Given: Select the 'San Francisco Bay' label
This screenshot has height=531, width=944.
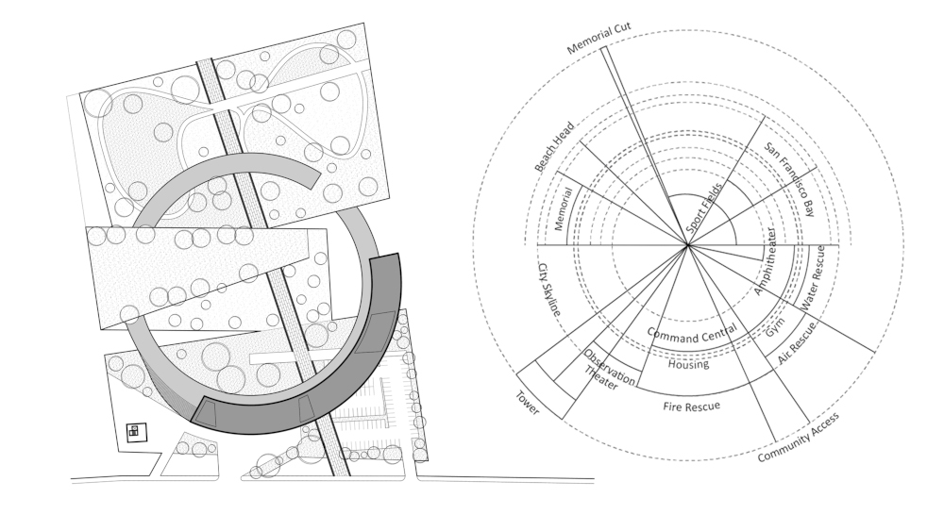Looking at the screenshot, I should pos(788,180).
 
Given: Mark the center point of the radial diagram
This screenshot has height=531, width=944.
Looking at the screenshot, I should pos(688,246).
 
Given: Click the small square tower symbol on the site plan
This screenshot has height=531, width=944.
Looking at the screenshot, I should pos(134,431).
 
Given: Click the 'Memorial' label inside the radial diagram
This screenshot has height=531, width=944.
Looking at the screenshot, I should pos(565,208).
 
